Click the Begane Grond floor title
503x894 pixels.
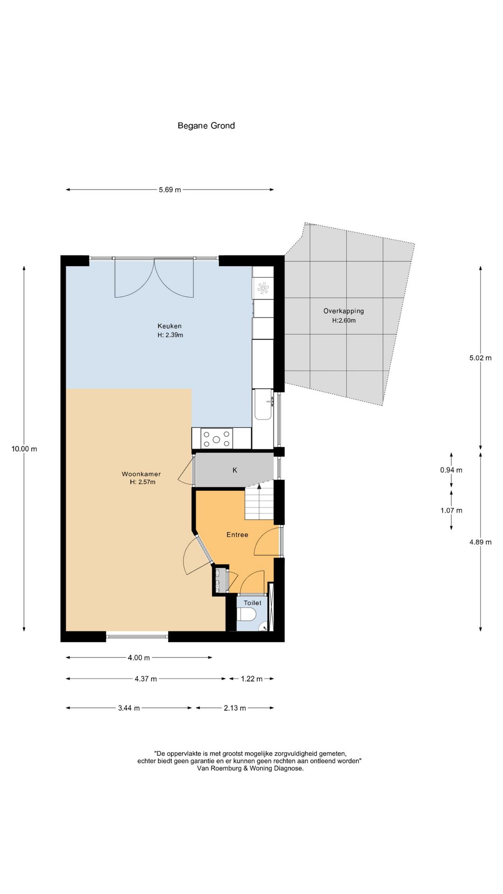206,126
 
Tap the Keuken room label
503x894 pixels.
170,326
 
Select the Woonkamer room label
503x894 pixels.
141,474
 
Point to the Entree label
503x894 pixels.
237,535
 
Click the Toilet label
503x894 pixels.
252,603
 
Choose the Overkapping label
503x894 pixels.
344,311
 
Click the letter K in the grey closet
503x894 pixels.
235,470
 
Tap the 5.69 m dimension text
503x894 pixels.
170,190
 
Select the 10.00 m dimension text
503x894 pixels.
24,449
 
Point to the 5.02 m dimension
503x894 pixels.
481,358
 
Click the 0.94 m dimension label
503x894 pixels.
451,470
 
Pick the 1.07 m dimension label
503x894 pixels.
451,510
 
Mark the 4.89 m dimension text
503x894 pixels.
481,542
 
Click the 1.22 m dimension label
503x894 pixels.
251,679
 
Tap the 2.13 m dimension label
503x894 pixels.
235,708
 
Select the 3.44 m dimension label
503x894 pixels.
129,708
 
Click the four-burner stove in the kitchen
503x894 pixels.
217,439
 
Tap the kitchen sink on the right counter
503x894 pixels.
263,405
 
